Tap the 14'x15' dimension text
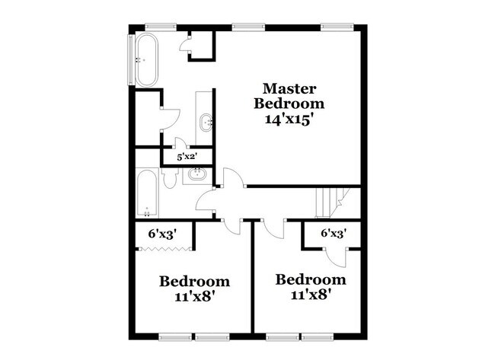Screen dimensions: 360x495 click(289, 119)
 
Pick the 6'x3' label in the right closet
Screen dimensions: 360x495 click(333, 234)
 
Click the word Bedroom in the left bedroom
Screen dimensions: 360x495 click(194, 282)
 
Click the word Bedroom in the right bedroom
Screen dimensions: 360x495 click(305, 279)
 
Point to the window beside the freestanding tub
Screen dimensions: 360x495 click(128, 59)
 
